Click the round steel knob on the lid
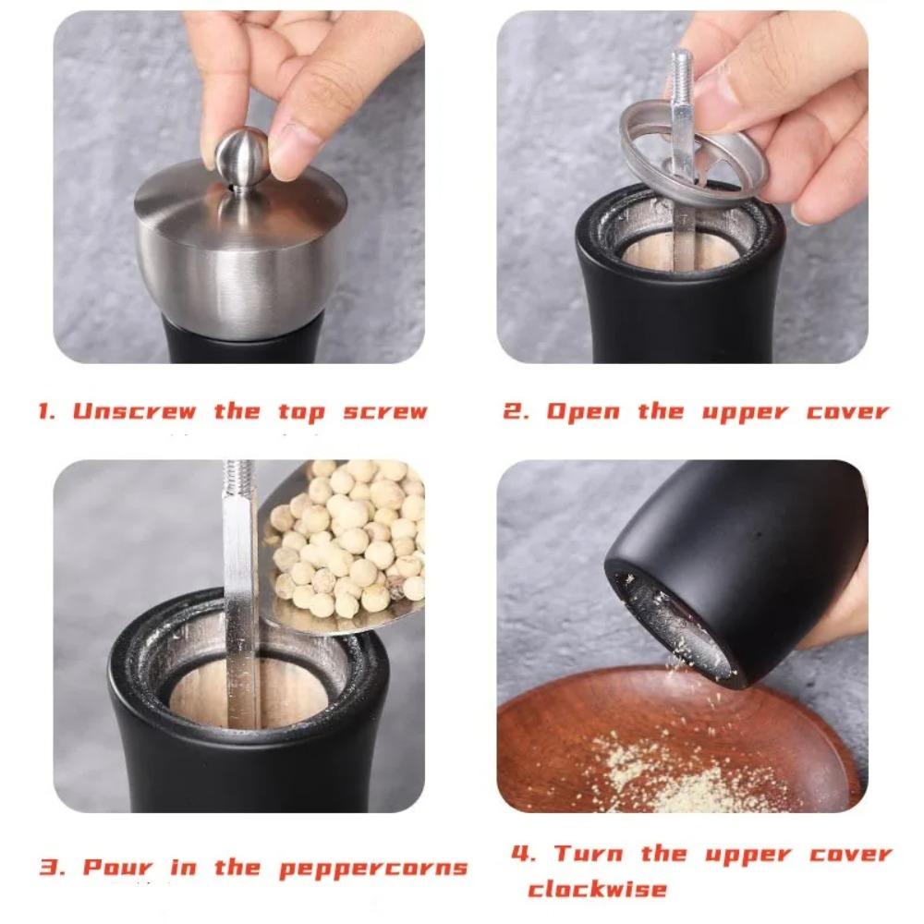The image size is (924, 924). (243, 156)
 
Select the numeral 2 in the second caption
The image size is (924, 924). (512, 411)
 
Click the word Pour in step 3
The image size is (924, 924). (117, 868)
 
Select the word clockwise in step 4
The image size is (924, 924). (597, 889)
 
